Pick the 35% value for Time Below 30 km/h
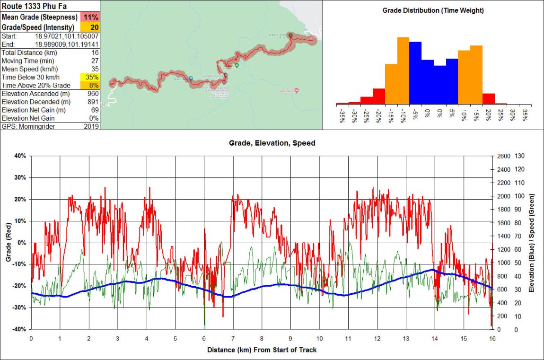tap(92, 77)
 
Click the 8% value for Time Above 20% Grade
tap(94, 85)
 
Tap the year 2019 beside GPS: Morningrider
tap(92, 126)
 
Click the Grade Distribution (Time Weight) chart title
tap(433, 10)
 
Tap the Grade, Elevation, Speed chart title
tap(272, 142)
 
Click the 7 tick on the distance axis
tap(233, 339)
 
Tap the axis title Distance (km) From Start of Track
tap(262, 350)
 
